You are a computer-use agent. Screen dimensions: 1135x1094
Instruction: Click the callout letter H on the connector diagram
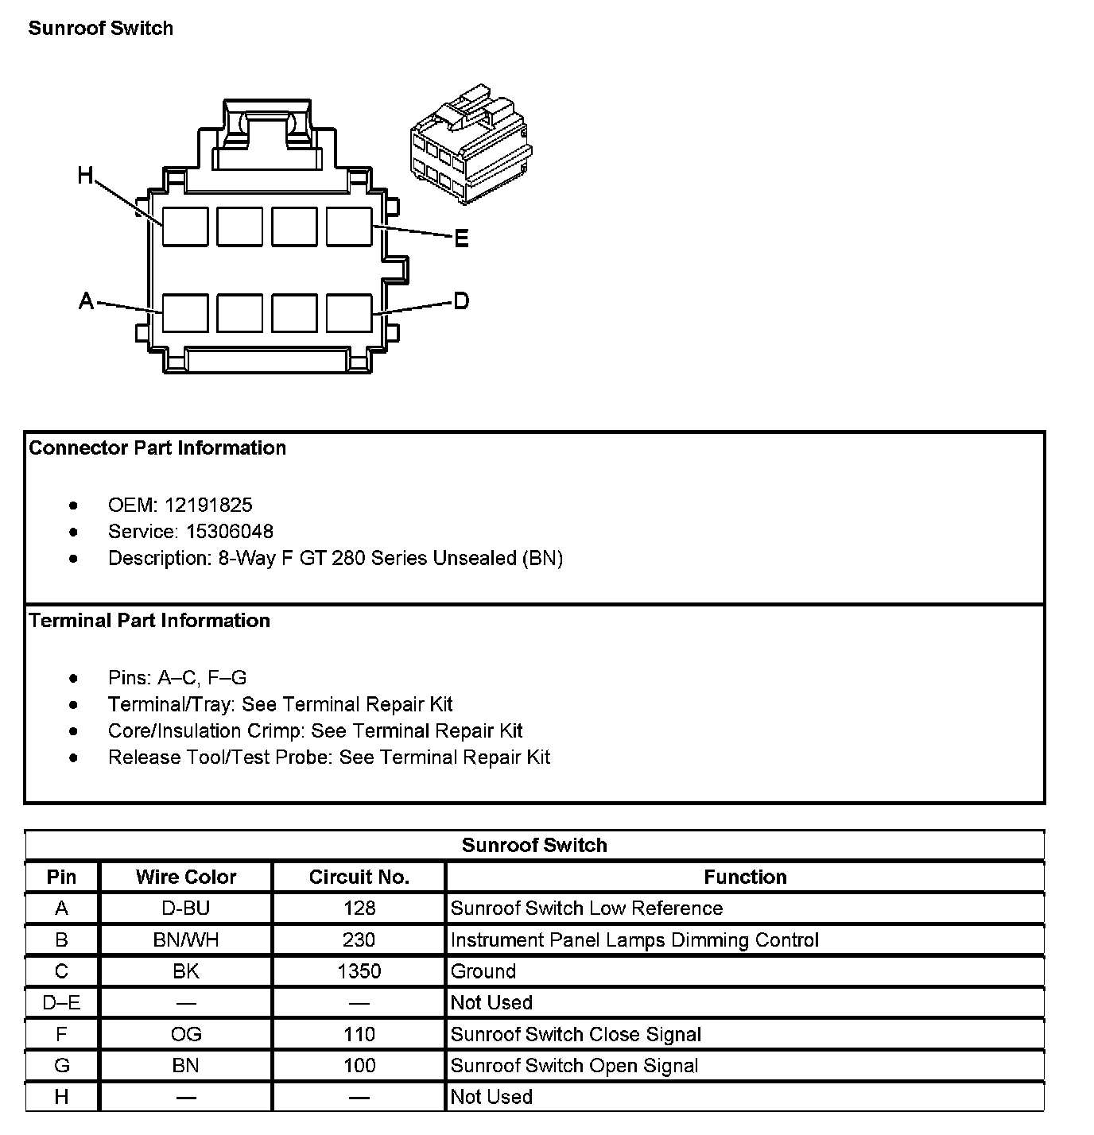click(x=86, y=175)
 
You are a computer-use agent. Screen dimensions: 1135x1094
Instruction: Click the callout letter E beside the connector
click(x=461, y=238)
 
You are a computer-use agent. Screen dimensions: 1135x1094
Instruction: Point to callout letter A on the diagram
click(x=87, y=301)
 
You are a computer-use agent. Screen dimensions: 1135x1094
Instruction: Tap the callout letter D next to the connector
click(x=461, y=301)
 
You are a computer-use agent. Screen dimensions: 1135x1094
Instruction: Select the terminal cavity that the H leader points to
click(x=185, y=227)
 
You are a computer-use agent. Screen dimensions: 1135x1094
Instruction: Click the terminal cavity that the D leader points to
click(x=349, y=312)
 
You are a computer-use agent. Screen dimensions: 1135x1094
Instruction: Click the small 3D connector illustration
click(x=471, y=143)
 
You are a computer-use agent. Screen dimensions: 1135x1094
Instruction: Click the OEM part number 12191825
click(x=208, y=505)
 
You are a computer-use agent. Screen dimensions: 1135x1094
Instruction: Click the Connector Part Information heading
click(x=157, y=447)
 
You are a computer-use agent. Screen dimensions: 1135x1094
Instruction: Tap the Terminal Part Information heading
click(x=149, y=620)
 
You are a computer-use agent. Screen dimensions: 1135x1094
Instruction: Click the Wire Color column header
click(x=186, y=877)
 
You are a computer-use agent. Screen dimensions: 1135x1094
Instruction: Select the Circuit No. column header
click(x=359, y=877)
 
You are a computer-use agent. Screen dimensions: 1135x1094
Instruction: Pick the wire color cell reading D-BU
click(x=186, y=908)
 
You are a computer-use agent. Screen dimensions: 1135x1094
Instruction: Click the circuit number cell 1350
click(x=359, y=971)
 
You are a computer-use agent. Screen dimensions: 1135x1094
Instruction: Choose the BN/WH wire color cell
click(x=186, y=939)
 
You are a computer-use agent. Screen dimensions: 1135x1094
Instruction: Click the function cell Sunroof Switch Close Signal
click(x=576, y=1034)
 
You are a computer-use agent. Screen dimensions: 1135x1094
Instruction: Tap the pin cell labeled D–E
click(x=61, y=1002)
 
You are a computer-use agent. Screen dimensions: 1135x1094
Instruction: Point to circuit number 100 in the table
click(x=359, y=1065)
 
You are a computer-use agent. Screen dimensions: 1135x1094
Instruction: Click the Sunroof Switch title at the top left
click(x=101, y=29)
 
